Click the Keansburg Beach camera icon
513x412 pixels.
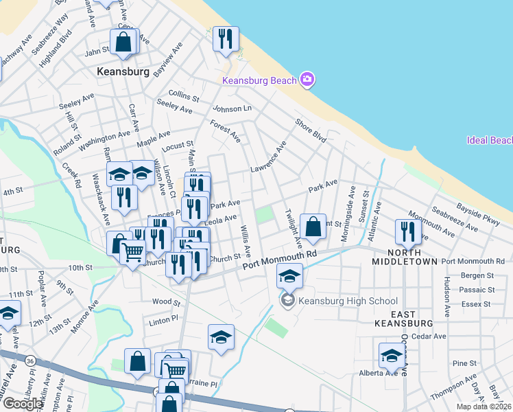point(307,80)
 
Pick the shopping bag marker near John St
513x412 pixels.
point(124,42)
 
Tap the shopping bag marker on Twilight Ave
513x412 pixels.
point(313,227)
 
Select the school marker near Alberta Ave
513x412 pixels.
point(391,356)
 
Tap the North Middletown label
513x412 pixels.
point(403,256)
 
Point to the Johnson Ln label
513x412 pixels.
point(232,108)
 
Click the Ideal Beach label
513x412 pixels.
point(490,141)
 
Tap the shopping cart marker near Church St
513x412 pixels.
point(132,253)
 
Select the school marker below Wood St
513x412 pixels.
point(220,337)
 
